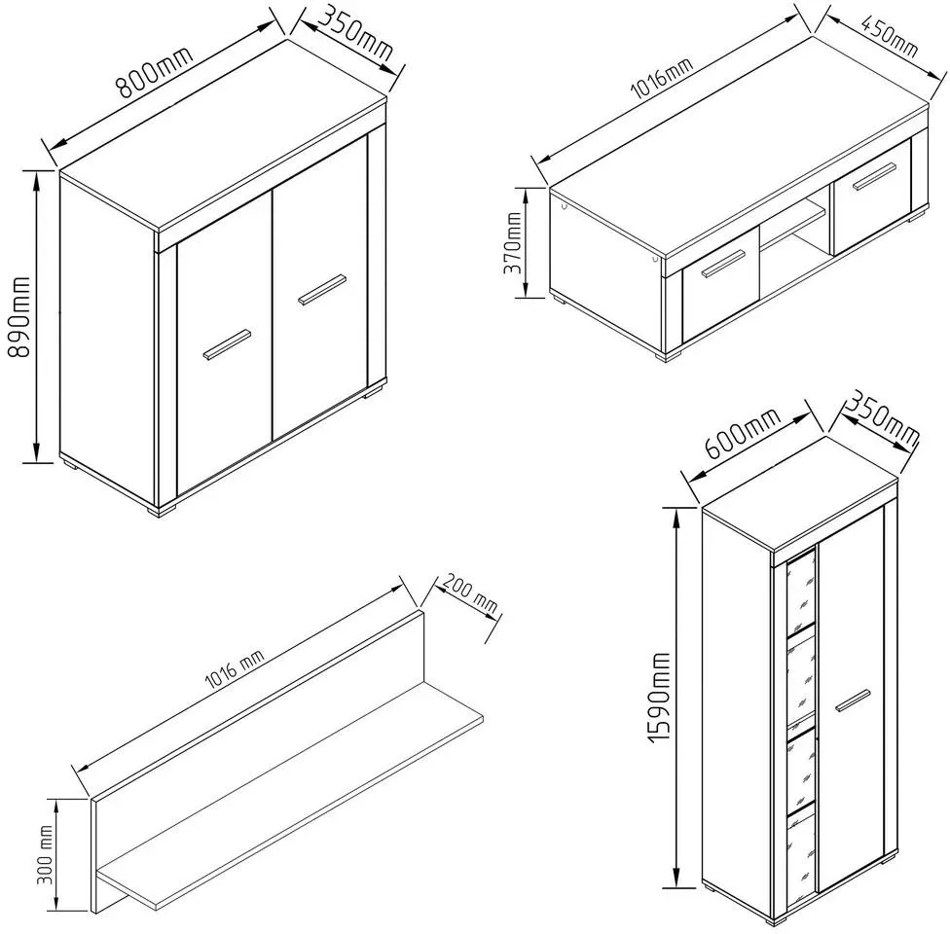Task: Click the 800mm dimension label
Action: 155,70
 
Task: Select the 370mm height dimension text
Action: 513,242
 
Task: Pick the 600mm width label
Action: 741,434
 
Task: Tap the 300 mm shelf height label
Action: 45,854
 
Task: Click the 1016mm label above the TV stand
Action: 662,79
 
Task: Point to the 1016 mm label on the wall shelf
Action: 235,671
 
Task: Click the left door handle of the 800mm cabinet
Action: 227,344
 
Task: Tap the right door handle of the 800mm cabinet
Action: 322,290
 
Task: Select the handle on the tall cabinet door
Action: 853,700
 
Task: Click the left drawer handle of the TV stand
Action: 723,264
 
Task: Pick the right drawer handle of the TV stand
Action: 875,176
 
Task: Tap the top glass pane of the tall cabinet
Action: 800,589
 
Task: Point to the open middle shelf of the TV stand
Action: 793,224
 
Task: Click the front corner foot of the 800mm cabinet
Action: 163,510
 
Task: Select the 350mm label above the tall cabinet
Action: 882,419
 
